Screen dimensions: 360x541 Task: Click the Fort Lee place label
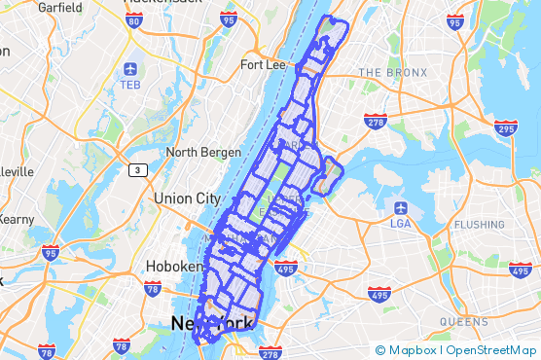tap(261, 65)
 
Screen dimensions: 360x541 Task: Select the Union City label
tap(187, 198)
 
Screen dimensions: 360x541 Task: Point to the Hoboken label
tap(173, 266)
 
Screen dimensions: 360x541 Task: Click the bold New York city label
tap(212, 323)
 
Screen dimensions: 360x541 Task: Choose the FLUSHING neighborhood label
tap(479, 225)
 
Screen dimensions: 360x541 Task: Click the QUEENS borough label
tap(463, 321)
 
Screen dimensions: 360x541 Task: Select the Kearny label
tap(15, 220)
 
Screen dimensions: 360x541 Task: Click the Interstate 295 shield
tap(505, 127)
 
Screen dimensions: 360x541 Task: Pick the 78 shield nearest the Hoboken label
tap(152, 288)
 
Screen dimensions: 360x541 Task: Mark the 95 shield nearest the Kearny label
tap(49, 254)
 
